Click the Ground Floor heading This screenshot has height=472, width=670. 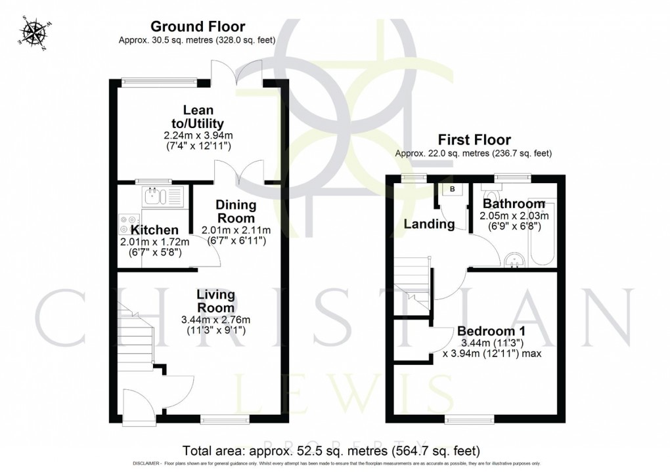point(197,27)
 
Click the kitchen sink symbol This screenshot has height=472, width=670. point(153,195)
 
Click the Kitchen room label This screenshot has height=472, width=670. point(154,230)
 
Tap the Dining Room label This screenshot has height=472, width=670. point(236,211)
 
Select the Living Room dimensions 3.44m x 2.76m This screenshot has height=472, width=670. point(216,320)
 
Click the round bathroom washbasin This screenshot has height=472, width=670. point(514,261)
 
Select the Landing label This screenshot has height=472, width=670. point(429,225)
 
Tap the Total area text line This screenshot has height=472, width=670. point(330,450)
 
